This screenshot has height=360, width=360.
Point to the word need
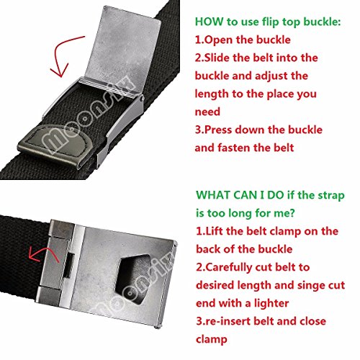[x=207, y=112]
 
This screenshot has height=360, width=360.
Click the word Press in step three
[x=218, y=130]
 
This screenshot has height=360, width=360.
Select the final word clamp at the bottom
[x=212, y=340]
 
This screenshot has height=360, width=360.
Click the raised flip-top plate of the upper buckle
[x=125, y=49]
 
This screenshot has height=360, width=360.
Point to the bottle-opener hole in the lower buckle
[x=133, y=279]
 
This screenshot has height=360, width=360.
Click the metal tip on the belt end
[x=54, y=146]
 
